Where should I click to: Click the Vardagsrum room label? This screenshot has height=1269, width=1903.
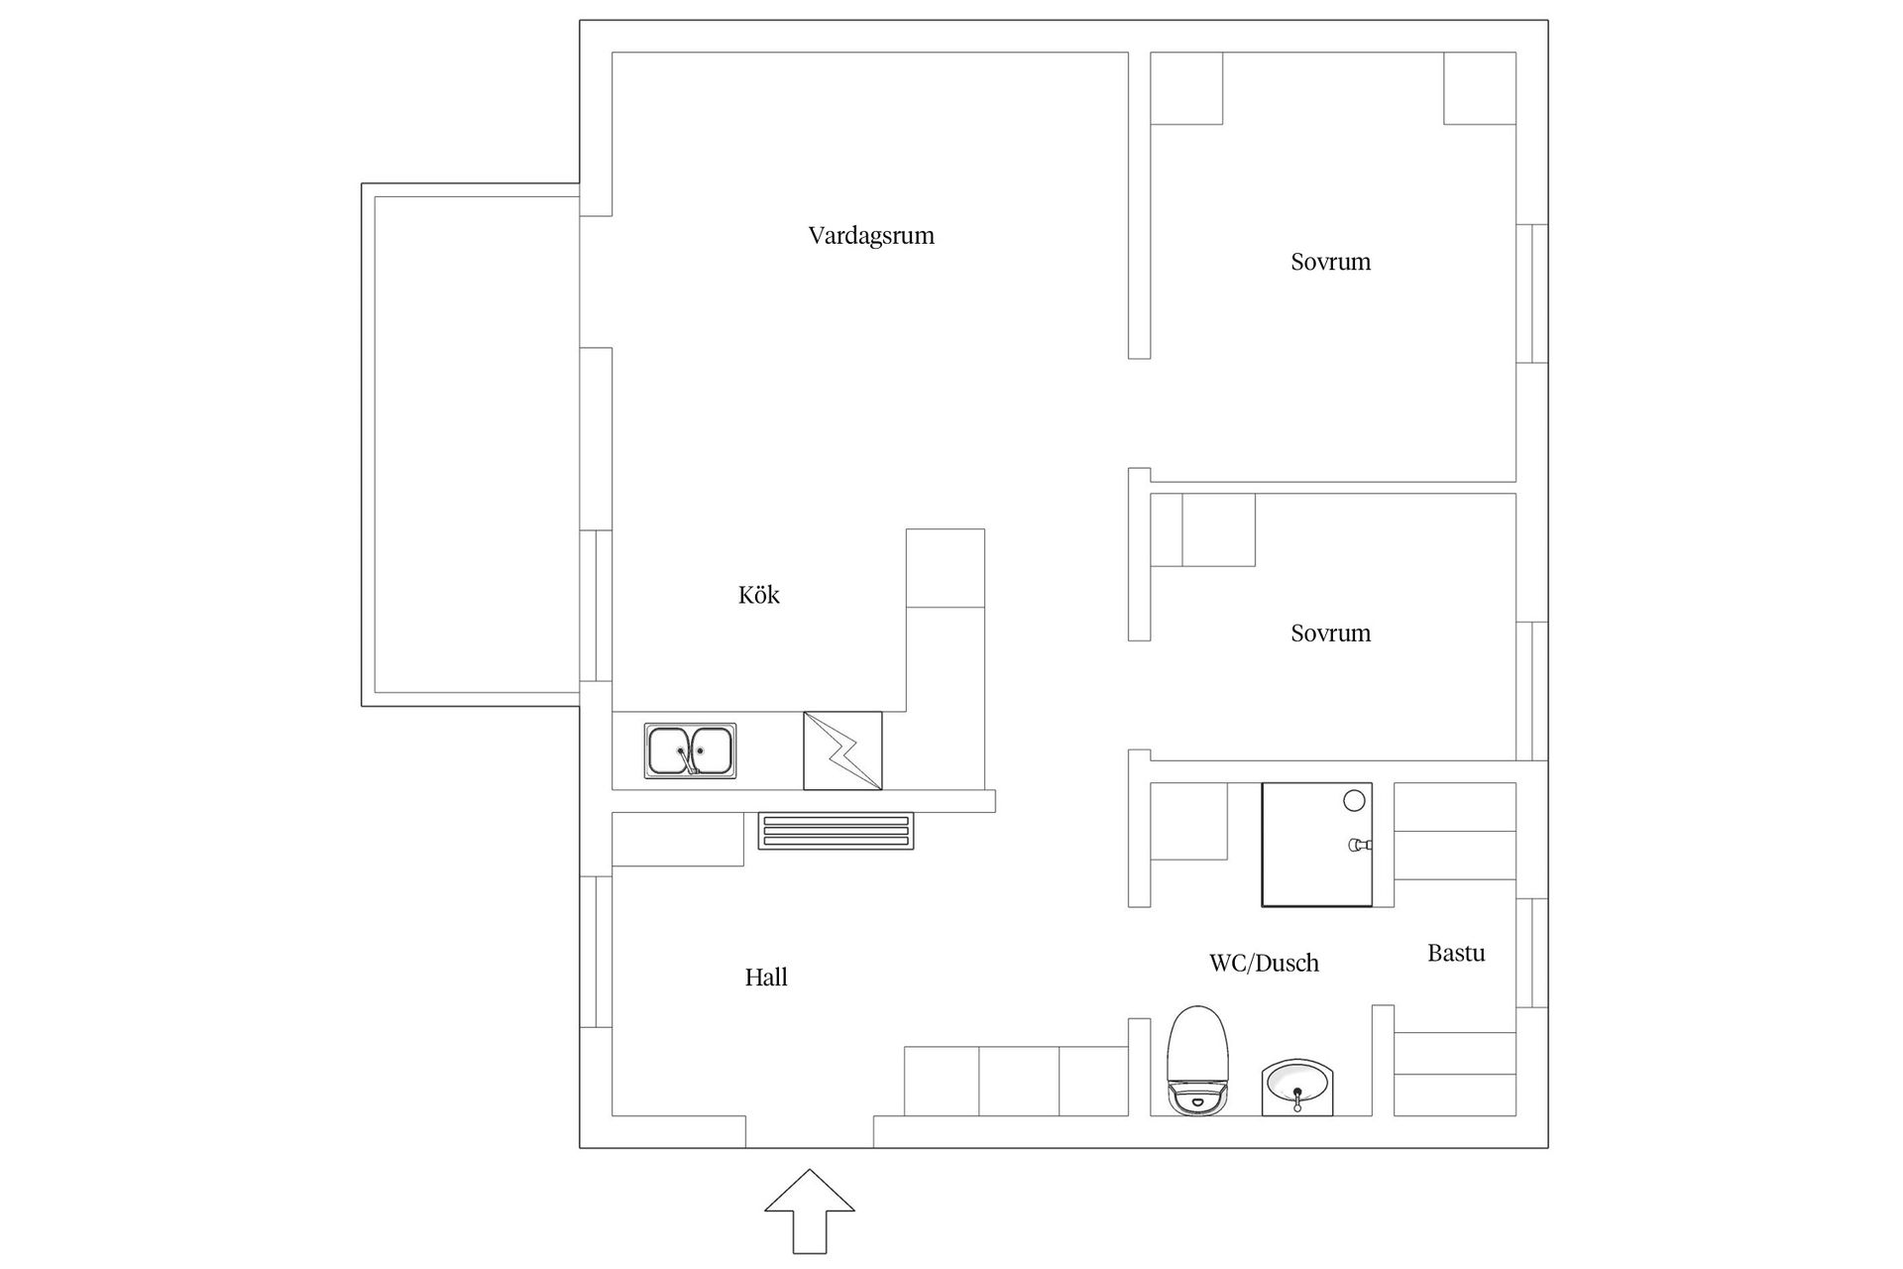[871, 236]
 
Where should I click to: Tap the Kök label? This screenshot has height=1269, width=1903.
[758, 595]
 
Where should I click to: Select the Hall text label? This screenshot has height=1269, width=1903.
[766, 978]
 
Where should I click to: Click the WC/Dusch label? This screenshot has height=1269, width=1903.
[1264, 963]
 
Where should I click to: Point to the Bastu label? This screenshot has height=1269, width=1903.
[1456, 953]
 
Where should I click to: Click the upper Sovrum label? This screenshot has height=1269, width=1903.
[1330, 262]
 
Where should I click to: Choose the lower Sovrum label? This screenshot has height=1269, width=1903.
[1330, 633]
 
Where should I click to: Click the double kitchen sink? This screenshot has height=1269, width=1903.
[690, 750]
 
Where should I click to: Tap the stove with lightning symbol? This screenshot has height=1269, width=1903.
[842, 750]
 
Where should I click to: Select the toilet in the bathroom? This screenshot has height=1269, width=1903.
[1197, 1061]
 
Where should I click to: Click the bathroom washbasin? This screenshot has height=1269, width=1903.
[1297, 1088]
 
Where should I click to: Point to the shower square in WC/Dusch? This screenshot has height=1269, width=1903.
[1315, 845]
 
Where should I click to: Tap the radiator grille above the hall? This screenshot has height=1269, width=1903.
[836, 831]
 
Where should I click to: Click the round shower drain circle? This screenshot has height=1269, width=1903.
[1354, 800]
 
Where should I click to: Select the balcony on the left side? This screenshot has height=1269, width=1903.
[471, 444]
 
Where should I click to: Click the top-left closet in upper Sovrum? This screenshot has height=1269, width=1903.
[1186, 88]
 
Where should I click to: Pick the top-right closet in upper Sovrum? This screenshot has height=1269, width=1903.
[1479, 88]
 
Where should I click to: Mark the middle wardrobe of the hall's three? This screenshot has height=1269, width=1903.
[1019, 1081]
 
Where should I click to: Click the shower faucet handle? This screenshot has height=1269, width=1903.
[1359, 845]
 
